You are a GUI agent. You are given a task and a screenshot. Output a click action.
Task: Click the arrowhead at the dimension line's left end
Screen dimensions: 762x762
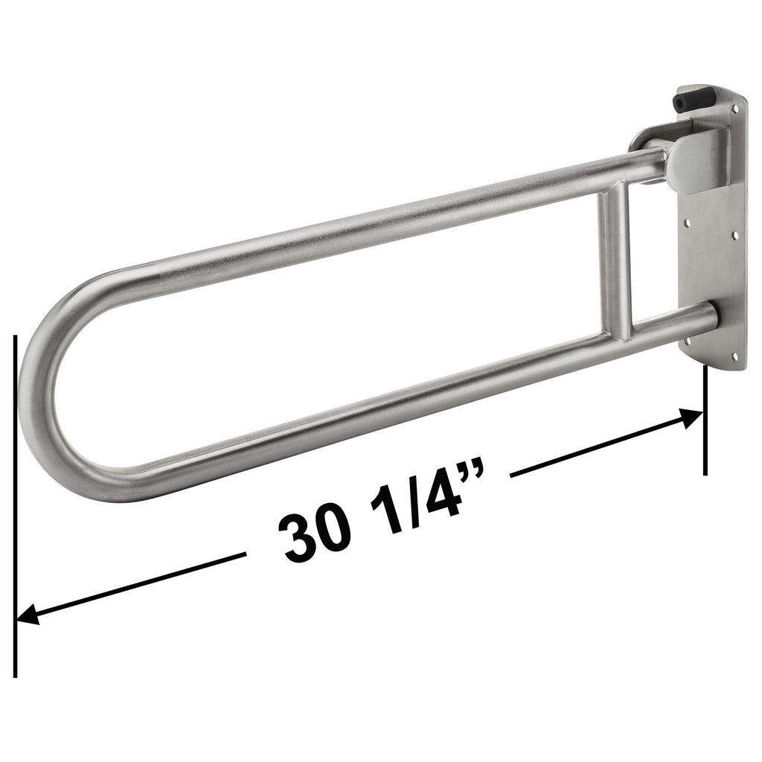pyautogui.click(x=27, y=615)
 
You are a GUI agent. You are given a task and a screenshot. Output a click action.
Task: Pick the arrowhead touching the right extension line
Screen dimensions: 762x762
pyautogui.click(x=692, y=418)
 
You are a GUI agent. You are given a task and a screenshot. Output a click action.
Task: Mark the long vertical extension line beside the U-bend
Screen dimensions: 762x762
pyautogui.click(x=15, y=506)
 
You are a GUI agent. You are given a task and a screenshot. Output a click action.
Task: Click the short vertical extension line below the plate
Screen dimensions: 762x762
pyautogui.click(x=705, y=424)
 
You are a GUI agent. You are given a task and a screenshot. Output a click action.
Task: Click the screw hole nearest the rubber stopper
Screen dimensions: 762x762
pyautogui.click(x=735, y=109)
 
